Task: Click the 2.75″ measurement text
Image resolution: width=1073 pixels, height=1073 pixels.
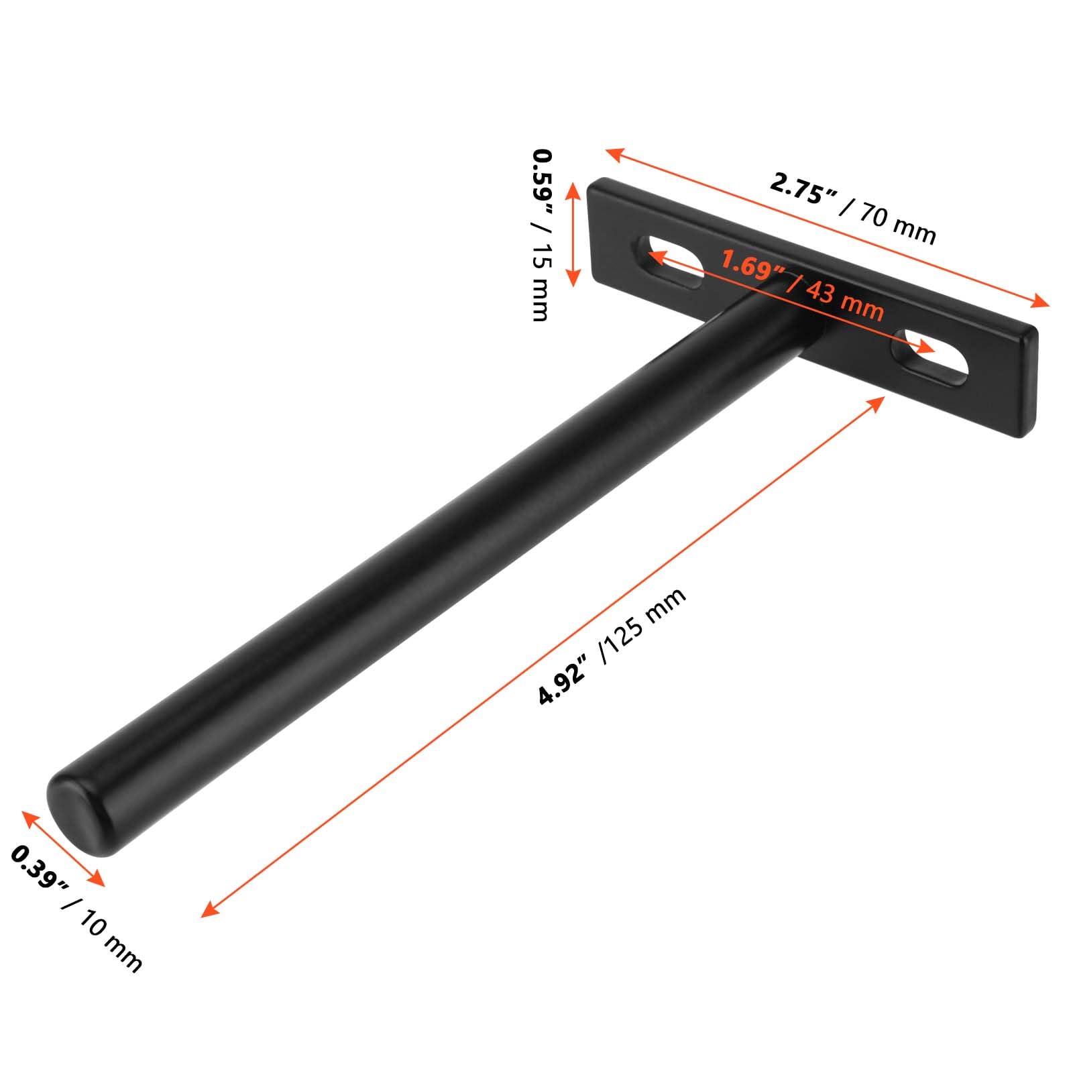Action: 803,188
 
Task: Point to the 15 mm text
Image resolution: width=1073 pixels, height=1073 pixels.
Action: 540,282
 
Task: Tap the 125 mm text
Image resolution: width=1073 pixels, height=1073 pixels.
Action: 644,624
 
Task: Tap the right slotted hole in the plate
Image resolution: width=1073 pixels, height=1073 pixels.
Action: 929,357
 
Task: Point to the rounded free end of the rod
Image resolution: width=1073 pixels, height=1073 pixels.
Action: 77,815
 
